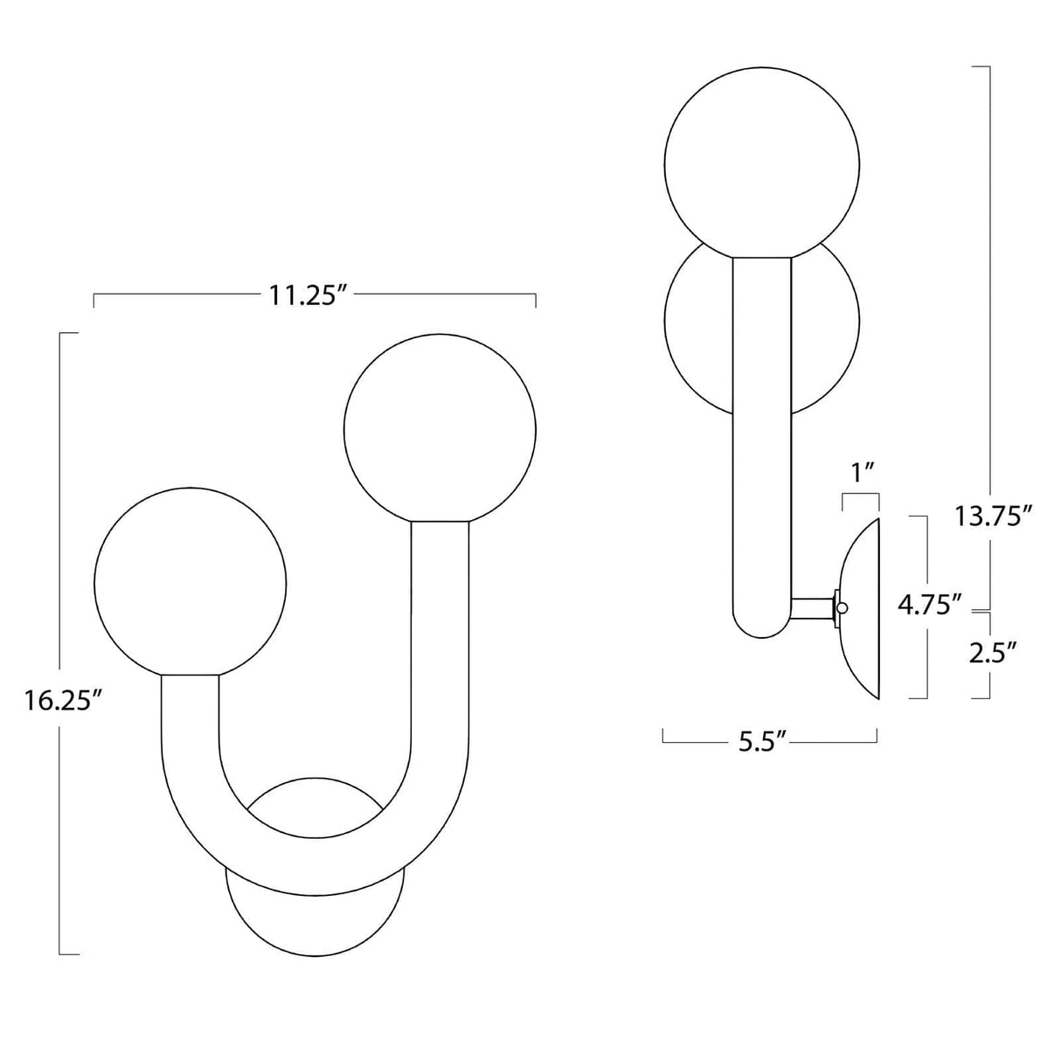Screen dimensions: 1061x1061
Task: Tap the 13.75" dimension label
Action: click(x=988, y=517)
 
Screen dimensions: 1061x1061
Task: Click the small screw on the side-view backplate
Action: click(x=843, y=607)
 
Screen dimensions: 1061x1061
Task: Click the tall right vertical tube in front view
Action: click(x=440, y=629)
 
